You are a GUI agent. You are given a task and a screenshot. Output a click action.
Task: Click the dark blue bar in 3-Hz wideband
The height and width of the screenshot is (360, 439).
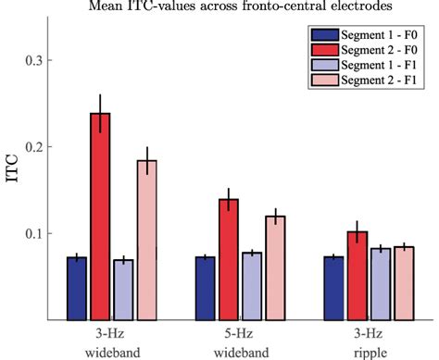pyautogui.click(x=77, y=288)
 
